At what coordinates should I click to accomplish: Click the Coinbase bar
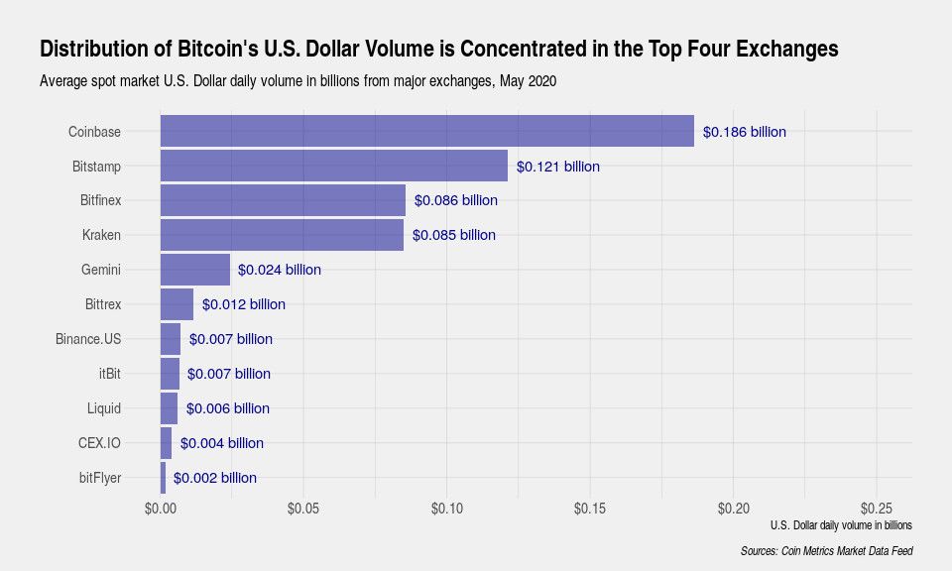pyautogui.click(x=426, y=131)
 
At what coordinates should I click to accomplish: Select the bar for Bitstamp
pyautogui.click(x=333, y=166)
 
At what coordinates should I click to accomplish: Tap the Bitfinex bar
pyautogui.click(x=283, y=200)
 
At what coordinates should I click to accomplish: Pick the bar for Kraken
pyautogui.click(x=282, y=235)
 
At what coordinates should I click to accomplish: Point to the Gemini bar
pyautogui.click(x=194, y=270)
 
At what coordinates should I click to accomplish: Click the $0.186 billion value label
pyautogui.click(x=745, y=131)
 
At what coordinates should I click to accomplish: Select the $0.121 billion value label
pyautogui.click(x=558, y=167)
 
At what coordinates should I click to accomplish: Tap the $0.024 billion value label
pyautogui.click(x=280, y=270)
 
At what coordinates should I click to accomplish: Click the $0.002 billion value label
pyautogui.click(x=215, y=478)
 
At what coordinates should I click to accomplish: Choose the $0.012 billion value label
pyautogui.click(x=244, y=304)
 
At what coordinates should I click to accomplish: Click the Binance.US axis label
pyautogui.click(x=88, y=339)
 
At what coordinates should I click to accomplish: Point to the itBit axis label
pyautogui.click(x=104, y=374)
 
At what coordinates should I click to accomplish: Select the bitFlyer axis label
pyautogui.click(x=99, y=478)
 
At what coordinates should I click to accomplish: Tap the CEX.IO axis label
pyautogui.click(x=99, y=443)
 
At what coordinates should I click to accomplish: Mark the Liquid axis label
pyautogui.click(x=103, y=408)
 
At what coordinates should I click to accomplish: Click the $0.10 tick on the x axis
pyautogui.click(x=446, y=508)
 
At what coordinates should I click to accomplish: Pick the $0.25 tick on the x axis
pyautogui.click(x=877, y=508)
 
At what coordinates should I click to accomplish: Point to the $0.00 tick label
pyautogui.click(x=160, y=508)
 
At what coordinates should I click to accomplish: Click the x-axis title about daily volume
pyautogui.click(x=840, y=525)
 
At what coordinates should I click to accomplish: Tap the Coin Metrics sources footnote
pyautogui.click(x=826, y=551)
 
